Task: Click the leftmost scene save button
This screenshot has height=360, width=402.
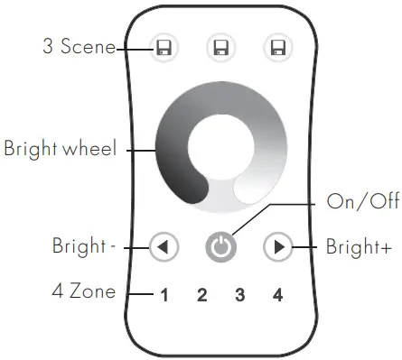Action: pos(164,47)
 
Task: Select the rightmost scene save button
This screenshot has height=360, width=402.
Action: pos(276,47)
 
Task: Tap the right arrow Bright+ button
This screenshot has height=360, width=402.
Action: pos(277,245)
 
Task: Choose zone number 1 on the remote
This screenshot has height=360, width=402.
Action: pos(164,294)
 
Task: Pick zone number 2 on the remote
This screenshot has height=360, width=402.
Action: pos(202,294)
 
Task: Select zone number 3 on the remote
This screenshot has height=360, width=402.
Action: pos(239,294)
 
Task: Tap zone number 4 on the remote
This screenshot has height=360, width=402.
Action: pos(277,294)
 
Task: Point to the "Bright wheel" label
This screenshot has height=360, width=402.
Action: pos(60,148)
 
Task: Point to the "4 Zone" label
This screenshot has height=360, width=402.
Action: pos(79,292)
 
